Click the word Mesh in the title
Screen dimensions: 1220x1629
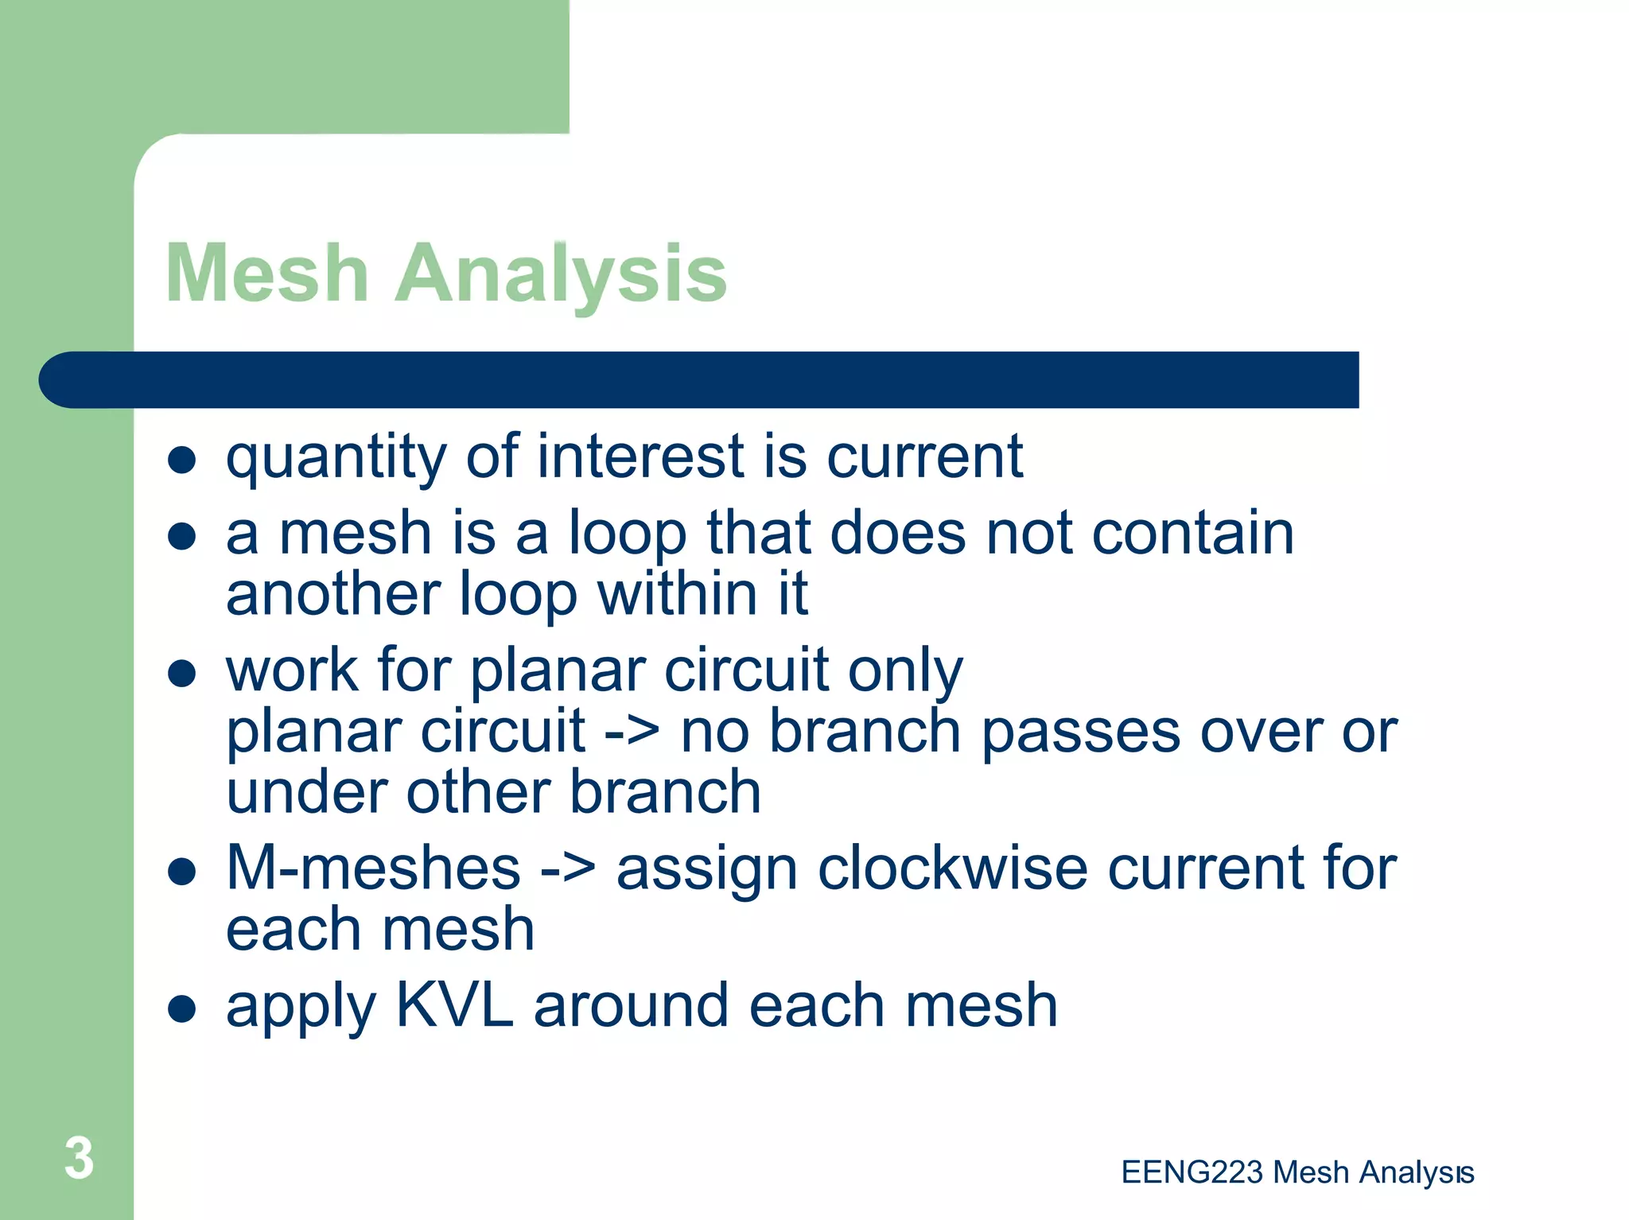click(267, 274)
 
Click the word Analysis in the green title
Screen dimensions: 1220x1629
click(561, 274)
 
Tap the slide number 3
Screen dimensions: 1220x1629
click(79, 1158)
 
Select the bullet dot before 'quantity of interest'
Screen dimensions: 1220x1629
click(182, 460)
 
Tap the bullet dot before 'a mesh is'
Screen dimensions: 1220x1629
click(182, 536)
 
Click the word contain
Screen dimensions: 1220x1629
click(1192, 533)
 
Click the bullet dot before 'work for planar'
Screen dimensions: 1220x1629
click(182, 673)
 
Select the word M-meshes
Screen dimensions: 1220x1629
click(373, 868)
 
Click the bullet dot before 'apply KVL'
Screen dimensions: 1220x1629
click(182, 1008)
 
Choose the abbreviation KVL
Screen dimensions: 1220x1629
click(454, 1005)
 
